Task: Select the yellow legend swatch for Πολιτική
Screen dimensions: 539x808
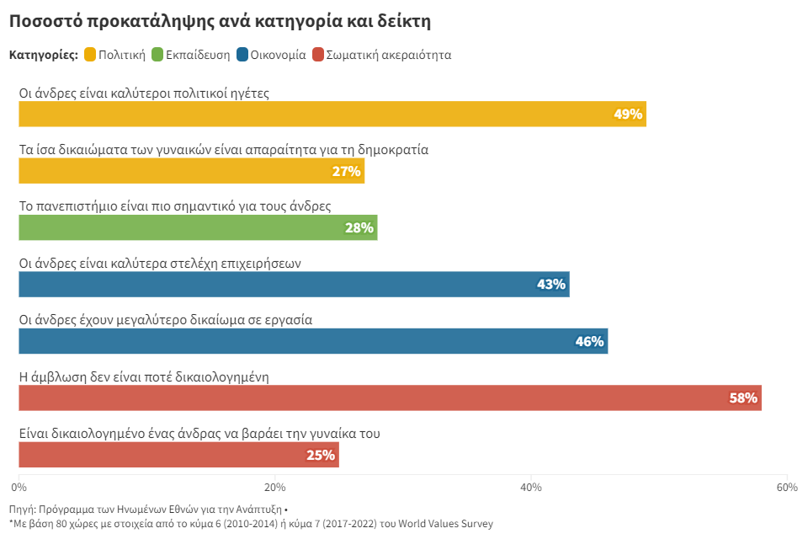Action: click(x=90, y=56)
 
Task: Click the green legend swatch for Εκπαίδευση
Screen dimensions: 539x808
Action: click(x=156, y=56)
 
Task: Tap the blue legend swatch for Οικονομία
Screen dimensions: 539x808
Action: click(x=242, y=56)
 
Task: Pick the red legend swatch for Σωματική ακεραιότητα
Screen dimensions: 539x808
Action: click(x=318, y=56)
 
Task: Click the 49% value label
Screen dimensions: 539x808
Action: click(x=628, y=115)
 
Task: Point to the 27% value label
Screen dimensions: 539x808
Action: click(x=346, y=172)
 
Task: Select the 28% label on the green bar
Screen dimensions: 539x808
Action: click(x=359, y=228)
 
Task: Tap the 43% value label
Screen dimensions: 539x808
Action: click(x=551, y=285)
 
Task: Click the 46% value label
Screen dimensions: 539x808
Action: click(x=589, y=341)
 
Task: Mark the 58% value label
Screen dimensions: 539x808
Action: click(x=743, y=398)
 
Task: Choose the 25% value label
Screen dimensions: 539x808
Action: click(x=321, y=455)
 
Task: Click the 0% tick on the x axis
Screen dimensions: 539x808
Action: click(x=19, y=487)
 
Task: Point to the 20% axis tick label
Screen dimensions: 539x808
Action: click(x=274, y=487)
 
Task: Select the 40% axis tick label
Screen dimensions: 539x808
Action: click(x=530, y=487)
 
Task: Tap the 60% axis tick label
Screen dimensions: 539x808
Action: click(x=786, y=487)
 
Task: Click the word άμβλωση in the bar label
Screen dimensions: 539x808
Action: click(x=56, y=377)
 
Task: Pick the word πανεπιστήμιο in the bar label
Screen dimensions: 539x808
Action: click(x=79, y=206)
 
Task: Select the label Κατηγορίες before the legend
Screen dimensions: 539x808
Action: click(x=43, y=56)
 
